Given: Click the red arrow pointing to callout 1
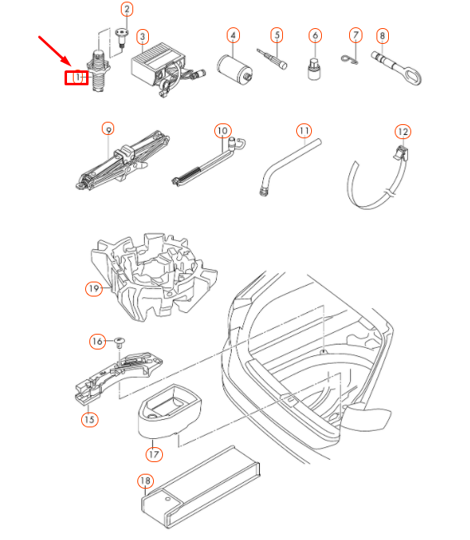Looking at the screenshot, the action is (55, 51).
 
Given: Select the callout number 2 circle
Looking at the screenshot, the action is (127, 9).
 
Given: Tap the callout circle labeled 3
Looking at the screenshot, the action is (143, 36).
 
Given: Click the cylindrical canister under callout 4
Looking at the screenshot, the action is (235, 70).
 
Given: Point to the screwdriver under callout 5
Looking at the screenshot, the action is (271, 59).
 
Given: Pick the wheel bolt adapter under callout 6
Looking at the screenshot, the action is (314, 70).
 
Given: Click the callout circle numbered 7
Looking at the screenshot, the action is (356, 35).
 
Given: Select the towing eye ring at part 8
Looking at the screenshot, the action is (412, 75).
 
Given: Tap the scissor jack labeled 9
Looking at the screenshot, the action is (122, 160).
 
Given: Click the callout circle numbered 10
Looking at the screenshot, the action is (223, 131).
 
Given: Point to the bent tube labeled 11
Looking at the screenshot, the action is (290, 166).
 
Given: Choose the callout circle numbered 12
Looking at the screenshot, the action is (403, 132).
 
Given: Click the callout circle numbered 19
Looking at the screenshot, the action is (94, 288).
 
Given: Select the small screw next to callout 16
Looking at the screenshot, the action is (119, 342).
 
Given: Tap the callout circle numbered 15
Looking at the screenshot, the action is (89, 419).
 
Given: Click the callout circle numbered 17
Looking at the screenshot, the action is (154, 455).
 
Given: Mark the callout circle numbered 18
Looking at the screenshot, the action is (145, 480).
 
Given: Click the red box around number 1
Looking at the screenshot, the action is (77, 78).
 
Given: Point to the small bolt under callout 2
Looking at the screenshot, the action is (121, 37).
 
